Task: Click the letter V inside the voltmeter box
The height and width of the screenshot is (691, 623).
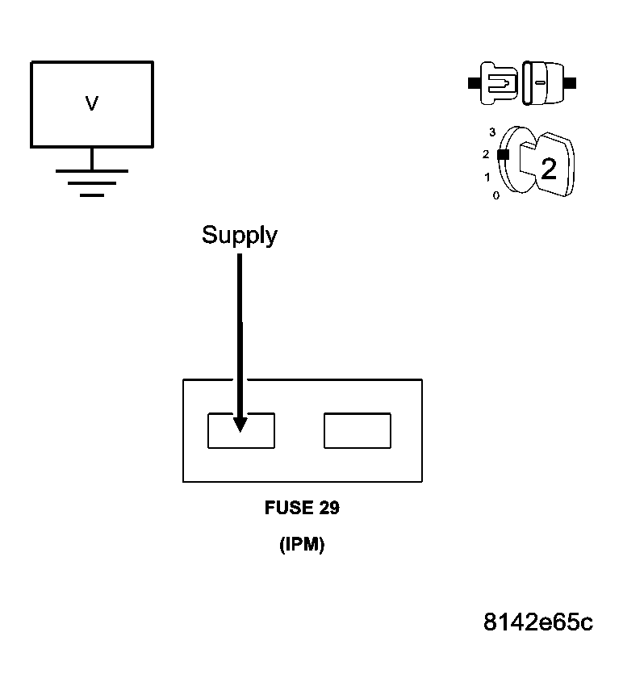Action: (92, 103)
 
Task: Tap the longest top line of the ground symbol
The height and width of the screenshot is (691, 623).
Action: (92, 170)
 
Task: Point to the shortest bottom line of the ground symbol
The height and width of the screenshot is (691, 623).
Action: (92, 195)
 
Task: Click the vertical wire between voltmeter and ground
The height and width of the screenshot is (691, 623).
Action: (92, 159)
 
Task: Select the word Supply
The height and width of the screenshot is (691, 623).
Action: (239, 235)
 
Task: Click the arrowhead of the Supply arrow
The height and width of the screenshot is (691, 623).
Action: (240, 423)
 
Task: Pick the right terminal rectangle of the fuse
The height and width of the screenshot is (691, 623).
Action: (357, 430)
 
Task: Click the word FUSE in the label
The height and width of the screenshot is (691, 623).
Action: (284, 509)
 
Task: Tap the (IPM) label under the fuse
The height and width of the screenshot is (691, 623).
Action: (302, 545)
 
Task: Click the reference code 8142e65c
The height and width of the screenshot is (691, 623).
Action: (538, 622)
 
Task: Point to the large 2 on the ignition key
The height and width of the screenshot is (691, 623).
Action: (549, 169)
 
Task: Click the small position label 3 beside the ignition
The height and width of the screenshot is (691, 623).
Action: (491, 132)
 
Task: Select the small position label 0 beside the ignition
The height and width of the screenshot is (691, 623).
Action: (495, 195)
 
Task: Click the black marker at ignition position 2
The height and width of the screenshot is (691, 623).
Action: (503, 154)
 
